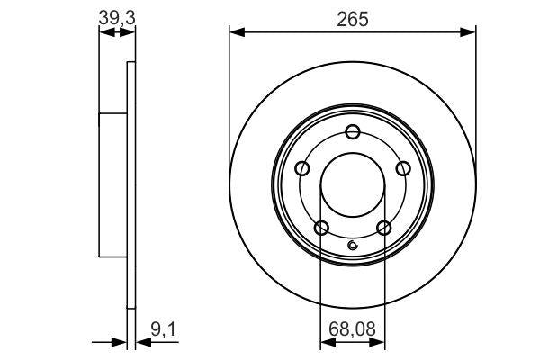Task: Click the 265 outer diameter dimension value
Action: [352, 16]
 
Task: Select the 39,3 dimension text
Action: [116, 15]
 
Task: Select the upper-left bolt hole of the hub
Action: [302, 168]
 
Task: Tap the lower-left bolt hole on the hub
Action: [321, 227]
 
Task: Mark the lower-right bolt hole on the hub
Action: [384, 227]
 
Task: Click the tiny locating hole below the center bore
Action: [353, 247]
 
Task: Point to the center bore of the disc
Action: [353, 182]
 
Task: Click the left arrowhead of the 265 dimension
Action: [236, 33]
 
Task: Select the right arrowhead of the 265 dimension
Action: [470, 33]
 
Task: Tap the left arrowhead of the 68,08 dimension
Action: [327, 343]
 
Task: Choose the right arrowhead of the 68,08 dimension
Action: [379, 343]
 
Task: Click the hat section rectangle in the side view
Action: [112, 185]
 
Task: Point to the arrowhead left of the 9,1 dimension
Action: [120, 343]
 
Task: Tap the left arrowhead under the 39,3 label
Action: [103, 33]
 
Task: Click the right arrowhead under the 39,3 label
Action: [130, 33]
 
